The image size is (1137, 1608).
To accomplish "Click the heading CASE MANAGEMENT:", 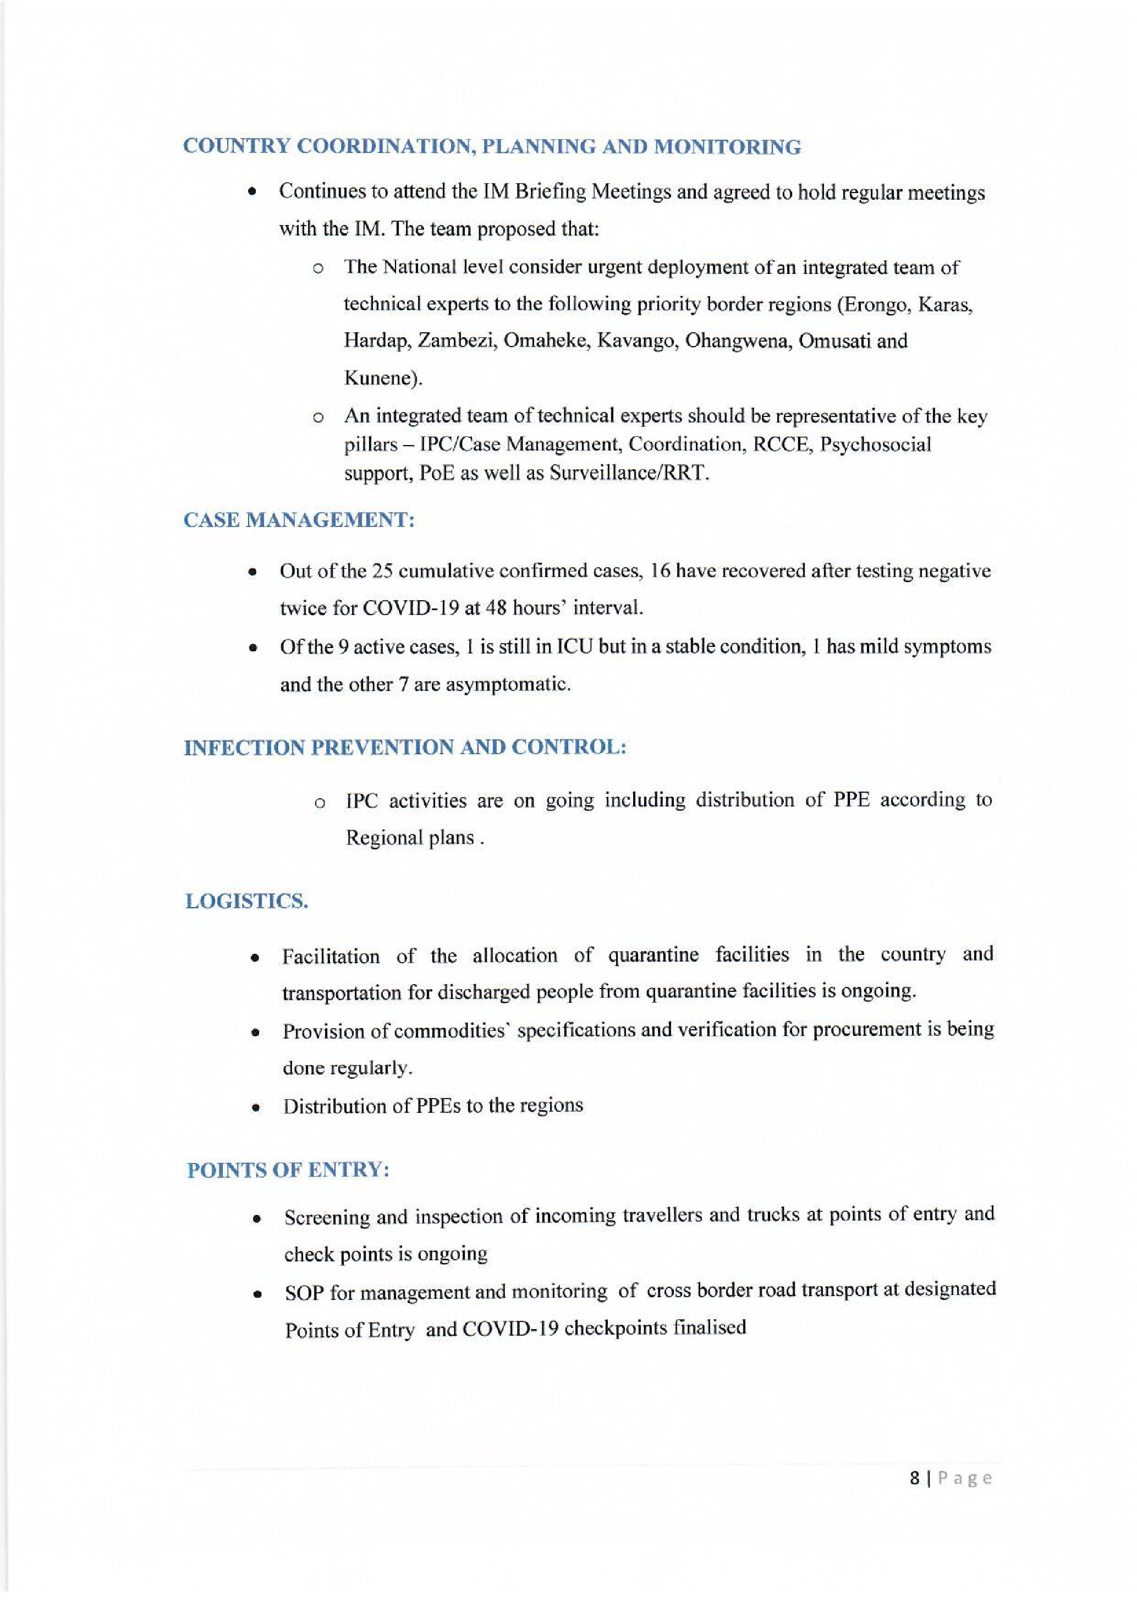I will click(299, 520).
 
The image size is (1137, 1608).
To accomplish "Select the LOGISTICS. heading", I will click(246, 901).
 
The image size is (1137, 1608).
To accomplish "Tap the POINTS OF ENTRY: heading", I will click(288, 1170).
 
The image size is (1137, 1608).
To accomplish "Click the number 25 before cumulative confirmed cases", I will click(382, 572).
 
